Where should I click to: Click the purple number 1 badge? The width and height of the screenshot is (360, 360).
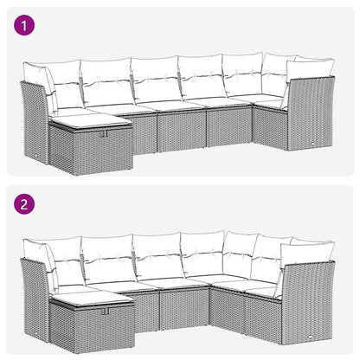coord(24,25)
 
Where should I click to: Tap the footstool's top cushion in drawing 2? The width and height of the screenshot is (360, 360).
coord(87,298)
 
